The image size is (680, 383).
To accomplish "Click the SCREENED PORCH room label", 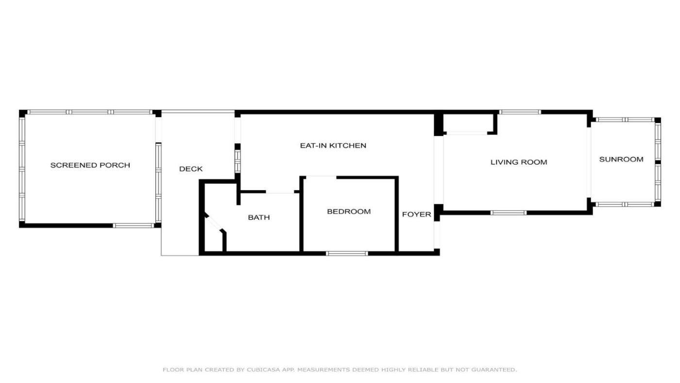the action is tap(90, 165).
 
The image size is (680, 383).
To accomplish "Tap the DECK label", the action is tap(190, 169).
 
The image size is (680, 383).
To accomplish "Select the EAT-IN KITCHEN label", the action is tap(333, 145).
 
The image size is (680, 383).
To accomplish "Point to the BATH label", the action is tap(258, 217).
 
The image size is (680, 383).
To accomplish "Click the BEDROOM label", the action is tap(349, 211).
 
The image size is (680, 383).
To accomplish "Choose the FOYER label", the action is tap(417, 214).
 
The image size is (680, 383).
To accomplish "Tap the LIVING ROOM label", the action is tap(519, 162).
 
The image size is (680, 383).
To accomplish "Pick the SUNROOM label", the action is tap(621, 159).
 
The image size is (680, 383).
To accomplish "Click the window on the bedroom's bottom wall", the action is tap(347, 253).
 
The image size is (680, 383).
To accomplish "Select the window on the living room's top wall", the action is tap(520, 112).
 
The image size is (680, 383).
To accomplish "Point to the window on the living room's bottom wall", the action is tap(509, 212).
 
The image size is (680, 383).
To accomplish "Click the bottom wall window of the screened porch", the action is tap(134, 226).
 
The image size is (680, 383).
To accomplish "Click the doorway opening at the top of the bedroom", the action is tap(321, 177).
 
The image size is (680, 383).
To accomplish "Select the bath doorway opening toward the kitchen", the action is tap(280, 191).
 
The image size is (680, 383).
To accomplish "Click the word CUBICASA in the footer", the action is tap(263, 370).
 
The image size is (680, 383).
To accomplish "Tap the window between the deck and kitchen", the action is tap(238, 161).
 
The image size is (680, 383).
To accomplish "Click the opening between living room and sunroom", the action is tap(589, 162).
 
